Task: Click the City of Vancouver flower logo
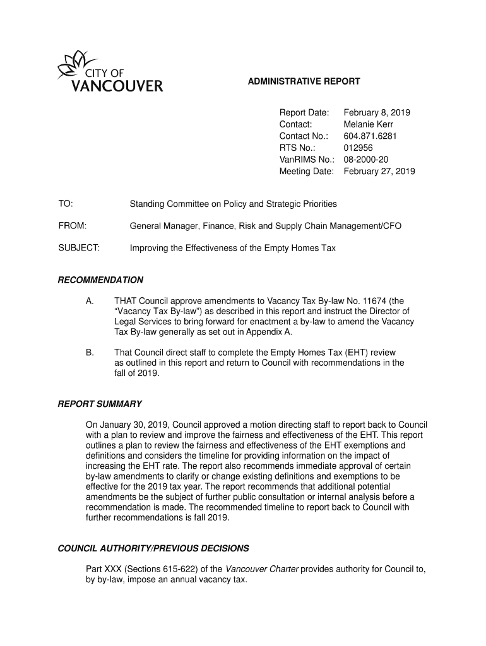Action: [71, 64]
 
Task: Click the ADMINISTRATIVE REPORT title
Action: [303, 81]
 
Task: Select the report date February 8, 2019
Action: [377, 113]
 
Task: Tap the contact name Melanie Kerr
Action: [368, 124]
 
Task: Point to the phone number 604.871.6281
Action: [370, 136]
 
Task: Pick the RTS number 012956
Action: [358, 148]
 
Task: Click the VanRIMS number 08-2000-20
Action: [366, 160]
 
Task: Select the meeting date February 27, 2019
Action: [379, 171]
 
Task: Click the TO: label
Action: [66, 204]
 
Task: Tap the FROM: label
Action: [72, 226]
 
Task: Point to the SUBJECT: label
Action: [79, 248]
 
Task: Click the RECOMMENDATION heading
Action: [100, 280]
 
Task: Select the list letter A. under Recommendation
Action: [90, 301]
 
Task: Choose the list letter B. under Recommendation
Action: [90, 353]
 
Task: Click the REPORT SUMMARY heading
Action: [100, 404]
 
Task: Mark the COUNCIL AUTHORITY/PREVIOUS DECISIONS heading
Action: [153, 548]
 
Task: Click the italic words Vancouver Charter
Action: [262, 569]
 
